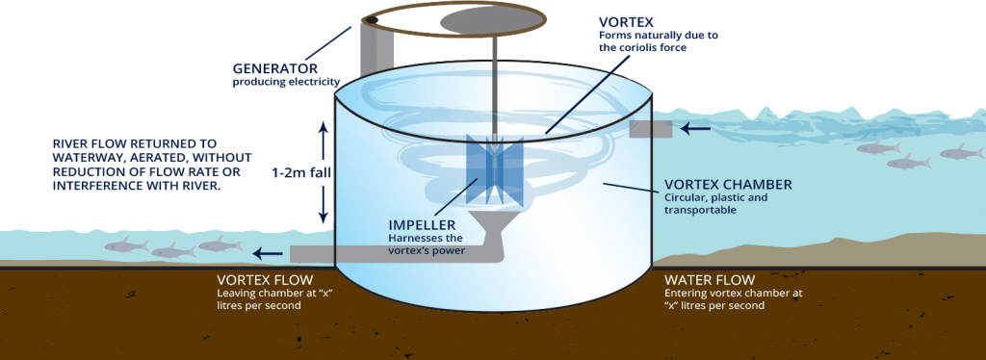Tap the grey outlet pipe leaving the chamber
tap(385, 254)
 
